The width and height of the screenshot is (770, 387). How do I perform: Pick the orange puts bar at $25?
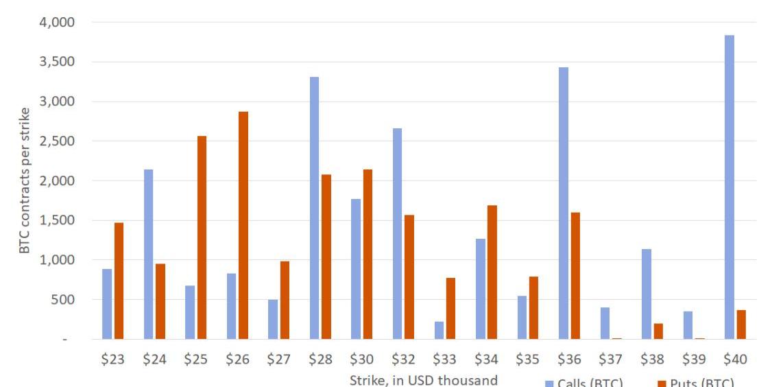click(x=202, y=237)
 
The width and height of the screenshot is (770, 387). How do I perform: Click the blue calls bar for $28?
click(x=314, y=208)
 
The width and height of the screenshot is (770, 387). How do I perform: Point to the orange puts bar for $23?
click(x=119, y=281)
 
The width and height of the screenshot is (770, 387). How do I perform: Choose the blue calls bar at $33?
click(x=439, y=330)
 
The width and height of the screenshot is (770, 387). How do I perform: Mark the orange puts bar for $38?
click(x=658, y=331)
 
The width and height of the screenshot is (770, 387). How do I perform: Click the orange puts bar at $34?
click(x=492, y=272)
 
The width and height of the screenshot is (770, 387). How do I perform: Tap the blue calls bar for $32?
click(x=397, y=233)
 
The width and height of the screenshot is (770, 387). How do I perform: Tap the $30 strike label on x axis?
click(x=361, y=360)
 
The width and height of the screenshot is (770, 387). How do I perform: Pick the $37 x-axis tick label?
click(x=611, y=360)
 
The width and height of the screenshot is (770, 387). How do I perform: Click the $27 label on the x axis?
click(x=278, y=360)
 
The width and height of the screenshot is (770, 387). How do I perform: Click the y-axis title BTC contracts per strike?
click(x=25, y=180)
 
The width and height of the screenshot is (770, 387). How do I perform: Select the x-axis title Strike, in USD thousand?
click(x=423, y=379)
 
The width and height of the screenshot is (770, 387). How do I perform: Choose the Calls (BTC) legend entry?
click(x=584, y=383)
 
